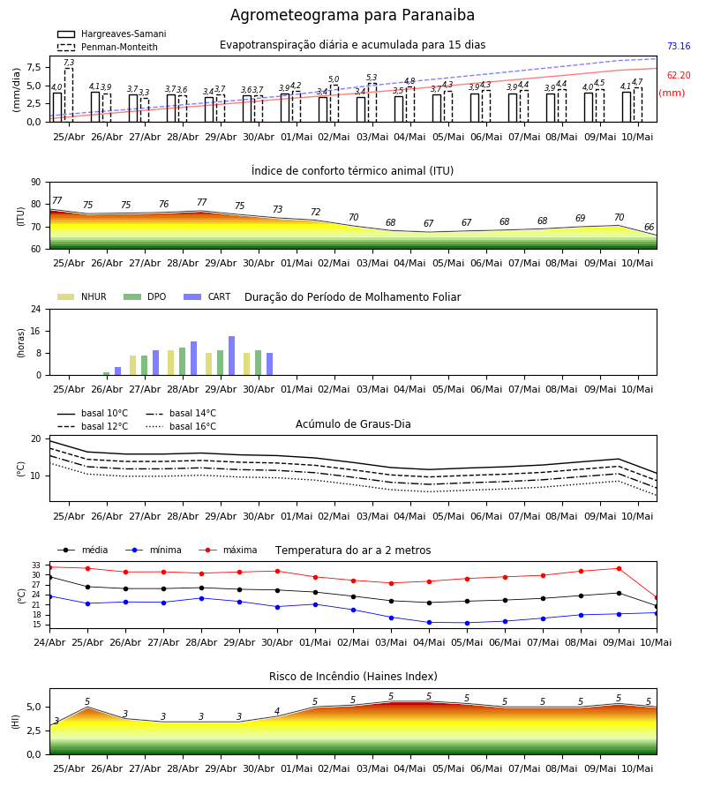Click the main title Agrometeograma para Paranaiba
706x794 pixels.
point(352,15)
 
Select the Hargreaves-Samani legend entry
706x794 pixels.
point(111,34)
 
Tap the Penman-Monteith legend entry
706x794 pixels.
point(108,47)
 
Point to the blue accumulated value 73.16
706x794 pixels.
point(679,46)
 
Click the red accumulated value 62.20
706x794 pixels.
point(679,76)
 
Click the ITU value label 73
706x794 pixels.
point(277,209)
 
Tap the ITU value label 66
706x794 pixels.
point(649,228)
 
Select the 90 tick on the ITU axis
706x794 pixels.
point(36,183)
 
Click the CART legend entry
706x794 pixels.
point(207,296)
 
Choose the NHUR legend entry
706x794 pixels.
point(82,296)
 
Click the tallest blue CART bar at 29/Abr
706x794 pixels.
point(231,356)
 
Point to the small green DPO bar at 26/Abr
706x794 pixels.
point(107,374)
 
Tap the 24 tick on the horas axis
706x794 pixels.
point(36,309)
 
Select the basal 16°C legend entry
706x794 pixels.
point(181,426)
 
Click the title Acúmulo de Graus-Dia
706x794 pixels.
point(353,423)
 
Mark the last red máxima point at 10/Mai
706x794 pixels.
point(657,598)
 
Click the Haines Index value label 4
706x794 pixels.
point(277,711)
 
